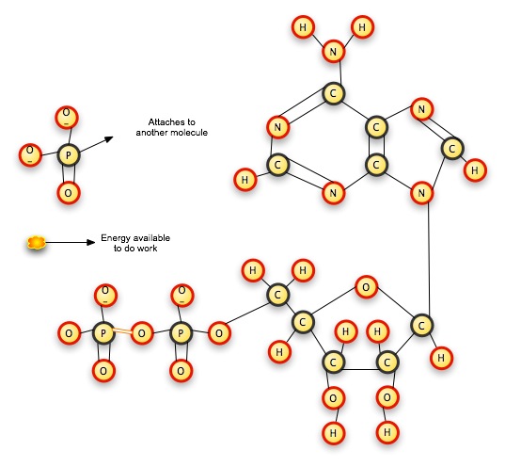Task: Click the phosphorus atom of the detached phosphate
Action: pyautogui.click(x=67, y=154)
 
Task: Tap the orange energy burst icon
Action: pyautogui.click(x=36, y=243)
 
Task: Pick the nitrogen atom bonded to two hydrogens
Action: pyautogui.click(x=332, y=52)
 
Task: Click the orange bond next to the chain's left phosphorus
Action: pyautogui.click(x=123, y=332)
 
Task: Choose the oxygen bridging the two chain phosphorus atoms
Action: pyautogui.click(x=142, y=332)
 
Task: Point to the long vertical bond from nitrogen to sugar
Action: pyautogui.click(x=429, y=259)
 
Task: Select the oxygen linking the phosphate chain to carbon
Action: pyautogui.click(x=218, y=332)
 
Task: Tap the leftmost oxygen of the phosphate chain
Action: pyautogui.click(x=68, y=332)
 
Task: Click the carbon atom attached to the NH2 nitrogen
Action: pyautogui.click(x=332, y=93)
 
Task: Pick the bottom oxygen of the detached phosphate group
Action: pyautogui.click(x=67, y=194)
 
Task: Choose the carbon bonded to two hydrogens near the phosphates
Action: pyautogui.click(x=277, y=296)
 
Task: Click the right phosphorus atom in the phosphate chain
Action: pyautogui.click(x=181, y=332)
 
